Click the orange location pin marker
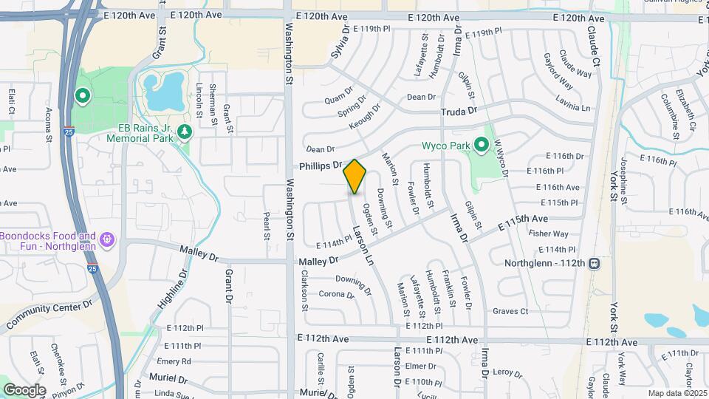pyautogui.click(x=354, y=176)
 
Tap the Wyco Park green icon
pyautogui.click(x=483, y=146)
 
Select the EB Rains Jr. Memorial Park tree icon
pyautogui.click(x=184, y=131)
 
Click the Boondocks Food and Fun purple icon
pyautogui.click(x=107, y=239)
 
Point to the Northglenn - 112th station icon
pyautogui.click(x=594, y=263)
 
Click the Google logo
pyautogui.click(x=24, y=390)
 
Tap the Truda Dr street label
pyautogui.click(x=459, y=111)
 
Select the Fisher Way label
pyautogui.click(x=548, y=234)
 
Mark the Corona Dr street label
pyautogui.click(x=336, y=294)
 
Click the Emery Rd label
pyautogui.click(x=174, y=361)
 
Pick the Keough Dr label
pyautogui.click(x=365, y=116)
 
